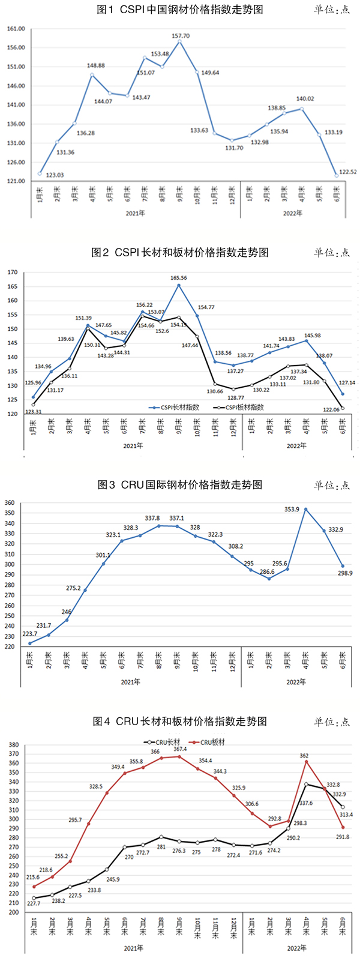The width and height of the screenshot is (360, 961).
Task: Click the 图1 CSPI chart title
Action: [179, 10]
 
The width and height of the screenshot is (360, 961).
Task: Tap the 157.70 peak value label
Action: [181, 36]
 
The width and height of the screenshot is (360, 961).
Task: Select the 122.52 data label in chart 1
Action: [347, 172]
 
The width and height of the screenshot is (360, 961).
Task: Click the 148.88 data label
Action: [96, 65]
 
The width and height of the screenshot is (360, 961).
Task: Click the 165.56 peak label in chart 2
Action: [179, 278]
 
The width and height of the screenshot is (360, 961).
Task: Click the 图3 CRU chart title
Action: [179, 484]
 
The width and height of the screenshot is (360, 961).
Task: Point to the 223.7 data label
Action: [29, 634]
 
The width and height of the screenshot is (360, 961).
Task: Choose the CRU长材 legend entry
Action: [164, 742]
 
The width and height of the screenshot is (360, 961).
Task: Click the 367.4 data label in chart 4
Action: [179, 749]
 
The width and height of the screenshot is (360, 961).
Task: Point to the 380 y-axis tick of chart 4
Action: [11, 744]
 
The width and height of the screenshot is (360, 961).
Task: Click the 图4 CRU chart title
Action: [179, 721]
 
